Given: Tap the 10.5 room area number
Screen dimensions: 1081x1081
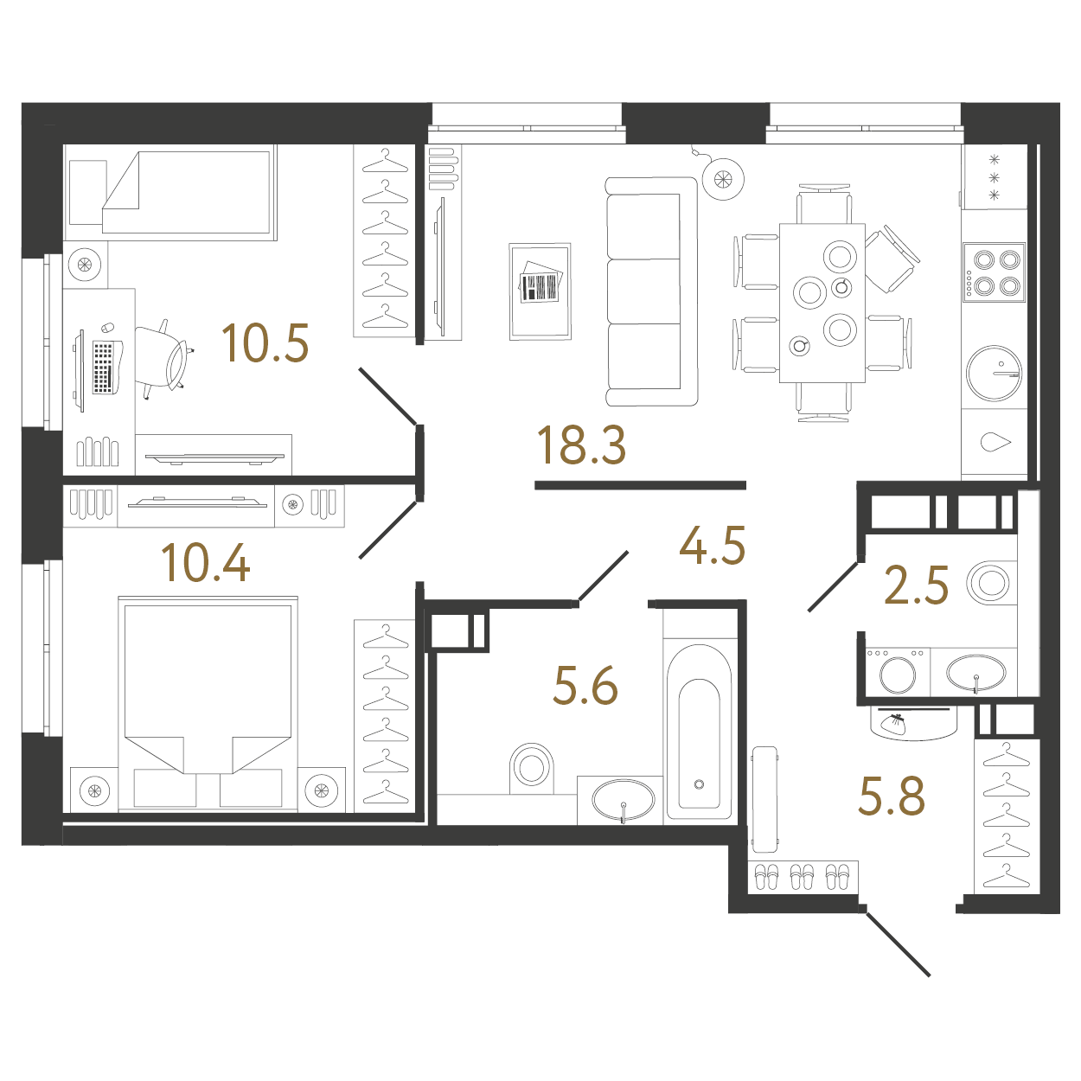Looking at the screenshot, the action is [x=265, y=342].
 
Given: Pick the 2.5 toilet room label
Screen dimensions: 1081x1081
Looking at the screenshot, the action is [x=916, y=585].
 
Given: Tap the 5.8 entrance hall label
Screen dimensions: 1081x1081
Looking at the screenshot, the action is [x=892, y=796].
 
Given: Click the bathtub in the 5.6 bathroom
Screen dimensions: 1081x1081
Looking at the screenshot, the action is [x=700, y=733].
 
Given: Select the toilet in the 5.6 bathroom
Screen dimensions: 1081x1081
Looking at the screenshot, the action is [x=531, y=768].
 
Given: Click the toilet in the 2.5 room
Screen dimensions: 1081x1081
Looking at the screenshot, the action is [x=991, y=582].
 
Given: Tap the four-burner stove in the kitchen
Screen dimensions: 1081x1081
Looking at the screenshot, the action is [x=994, y=272].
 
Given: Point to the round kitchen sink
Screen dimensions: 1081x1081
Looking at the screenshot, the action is [x=994, y=373].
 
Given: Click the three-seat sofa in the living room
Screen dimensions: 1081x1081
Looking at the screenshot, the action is [x=652, y=291].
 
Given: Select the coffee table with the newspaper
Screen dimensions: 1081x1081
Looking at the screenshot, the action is [x=540, y=291].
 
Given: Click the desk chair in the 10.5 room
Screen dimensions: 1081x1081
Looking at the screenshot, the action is [x=163, y=358].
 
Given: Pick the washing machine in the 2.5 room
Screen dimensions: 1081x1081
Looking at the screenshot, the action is [x=898, y=672].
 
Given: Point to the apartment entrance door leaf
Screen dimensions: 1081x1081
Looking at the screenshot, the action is [x=897, y=943].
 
